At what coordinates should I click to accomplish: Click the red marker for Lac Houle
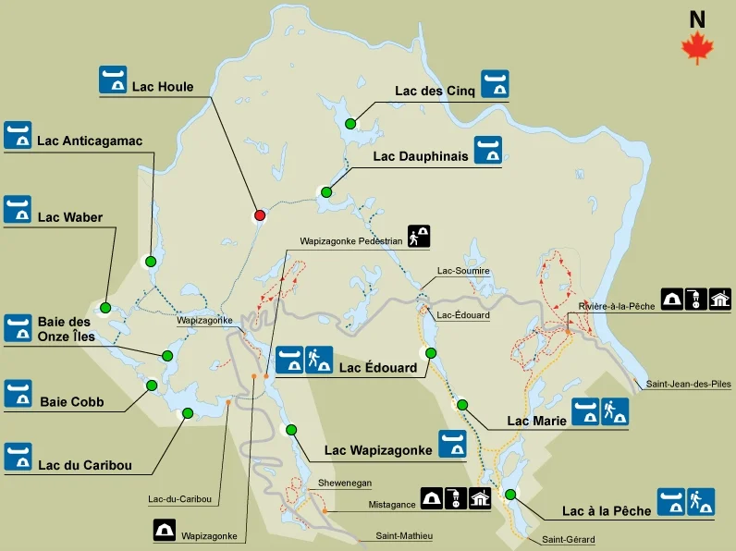click(260, 215)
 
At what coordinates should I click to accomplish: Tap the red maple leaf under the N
click(697, 48)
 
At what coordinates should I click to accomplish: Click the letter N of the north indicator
click(697, 18)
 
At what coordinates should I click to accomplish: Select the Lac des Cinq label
click(435, 90)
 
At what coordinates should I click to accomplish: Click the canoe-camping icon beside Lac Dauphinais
click(488, 151)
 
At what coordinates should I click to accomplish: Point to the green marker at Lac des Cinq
click(350, 124)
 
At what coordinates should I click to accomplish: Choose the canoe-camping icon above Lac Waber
click(18, 209)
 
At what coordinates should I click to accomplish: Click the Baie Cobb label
click(71, 402)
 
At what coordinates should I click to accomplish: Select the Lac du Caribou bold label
click(84, 464)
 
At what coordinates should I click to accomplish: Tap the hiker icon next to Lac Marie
click(615, 412)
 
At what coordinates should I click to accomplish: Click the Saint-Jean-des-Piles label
click(688, 384)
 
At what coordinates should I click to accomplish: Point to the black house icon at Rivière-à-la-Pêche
click(720, 299)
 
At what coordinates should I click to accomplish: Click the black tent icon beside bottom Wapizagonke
click(165, 530)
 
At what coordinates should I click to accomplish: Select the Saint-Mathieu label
click(404, 535)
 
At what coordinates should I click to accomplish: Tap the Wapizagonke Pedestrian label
click(350, 240)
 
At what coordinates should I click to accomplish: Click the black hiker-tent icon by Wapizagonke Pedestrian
click(420, 237)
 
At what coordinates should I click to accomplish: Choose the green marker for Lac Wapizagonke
click(291, 430)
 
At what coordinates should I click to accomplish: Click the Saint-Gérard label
click(568, 539)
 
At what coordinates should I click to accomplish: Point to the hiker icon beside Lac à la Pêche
click(700, 501)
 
